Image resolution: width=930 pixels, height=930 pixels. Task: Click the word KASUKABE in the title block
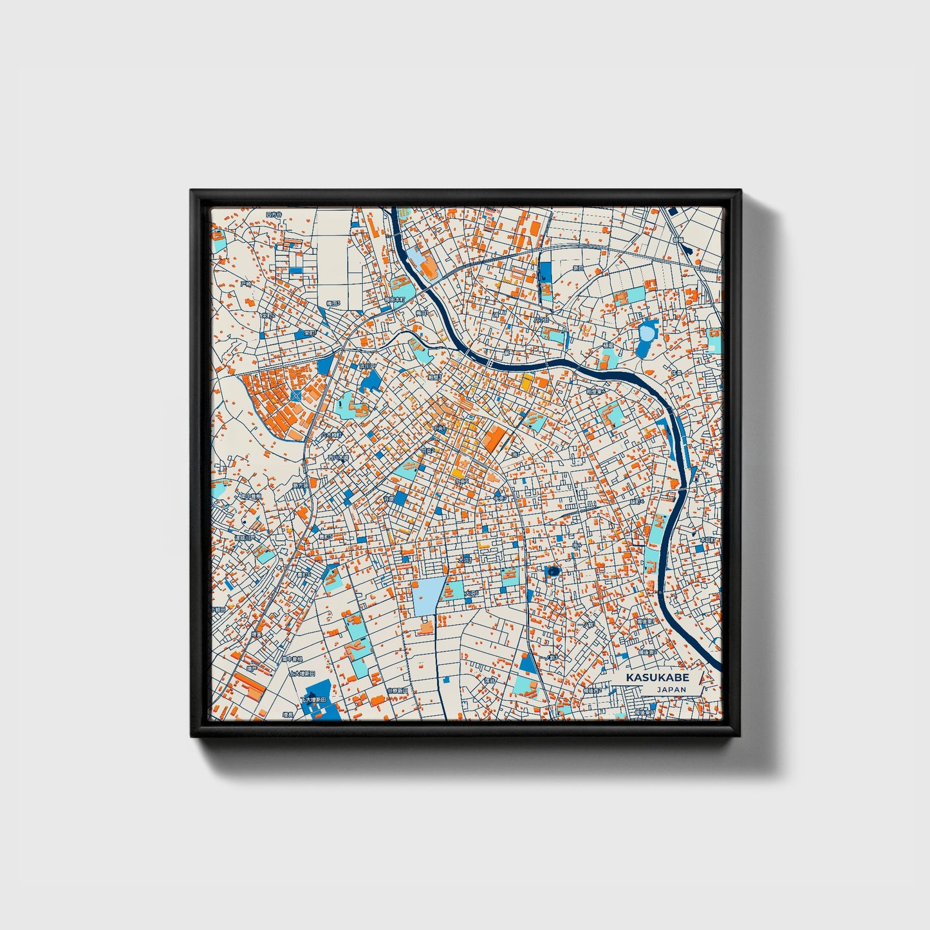pyautogui.click(x=657, y=678)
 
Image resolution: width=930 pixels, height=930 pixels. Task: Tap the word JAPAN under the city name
pyautogui.click(x=671, y=689)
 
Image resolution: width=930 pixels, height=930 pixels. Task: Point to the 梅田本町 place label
pyautogui.click(x=395, y=299)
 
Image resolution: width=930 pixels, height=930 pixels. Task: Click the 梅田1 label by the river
pyautogui.click(x=422, y=313)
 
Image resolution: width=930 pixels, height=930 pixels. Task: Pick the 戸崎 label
pyautogui.click(x=245, y=283)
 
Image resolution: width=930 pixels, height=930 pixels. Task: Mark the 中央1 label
pyautogui.click(x=439, y=428)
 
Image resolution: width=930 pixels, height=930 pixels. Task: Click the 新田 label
pyautogui.click(x=578, y=268)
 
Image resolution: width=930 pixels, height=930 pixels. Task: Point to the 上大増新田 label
pyautogui.click(x=302, y=674)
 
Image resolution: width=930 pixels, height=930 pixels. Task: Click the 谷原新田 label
pyautogui.click(x=397, y=691)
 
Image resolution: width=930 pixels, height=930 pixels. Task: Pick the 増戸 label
pyautogui.click(x=252, y=669)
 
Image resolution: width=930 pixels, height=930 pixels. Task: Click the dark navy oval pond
pyautogui.click(x=552, y=571)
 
